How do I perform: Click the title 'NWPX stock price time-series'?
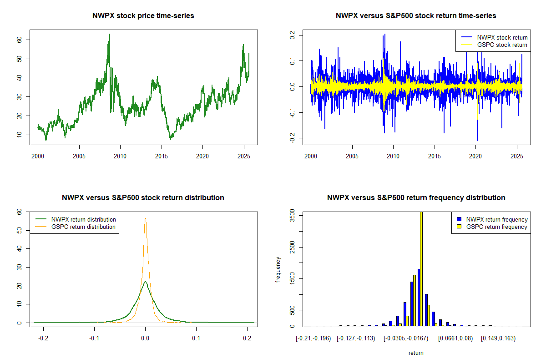point(143,16)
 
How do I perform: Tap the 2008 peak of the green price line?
point(109,35)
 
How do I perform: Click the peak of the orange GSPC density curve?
point(145,218)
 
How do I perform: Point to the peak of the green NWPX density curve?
point(145,282)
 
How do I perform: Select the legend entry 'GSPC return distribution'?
point(83,227)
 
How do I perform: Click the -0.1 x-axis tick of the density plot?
point(94,339)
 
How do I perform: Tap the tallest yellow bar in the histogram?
point(421,268)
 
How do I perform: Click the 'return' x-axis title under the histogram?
point(416,353)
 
